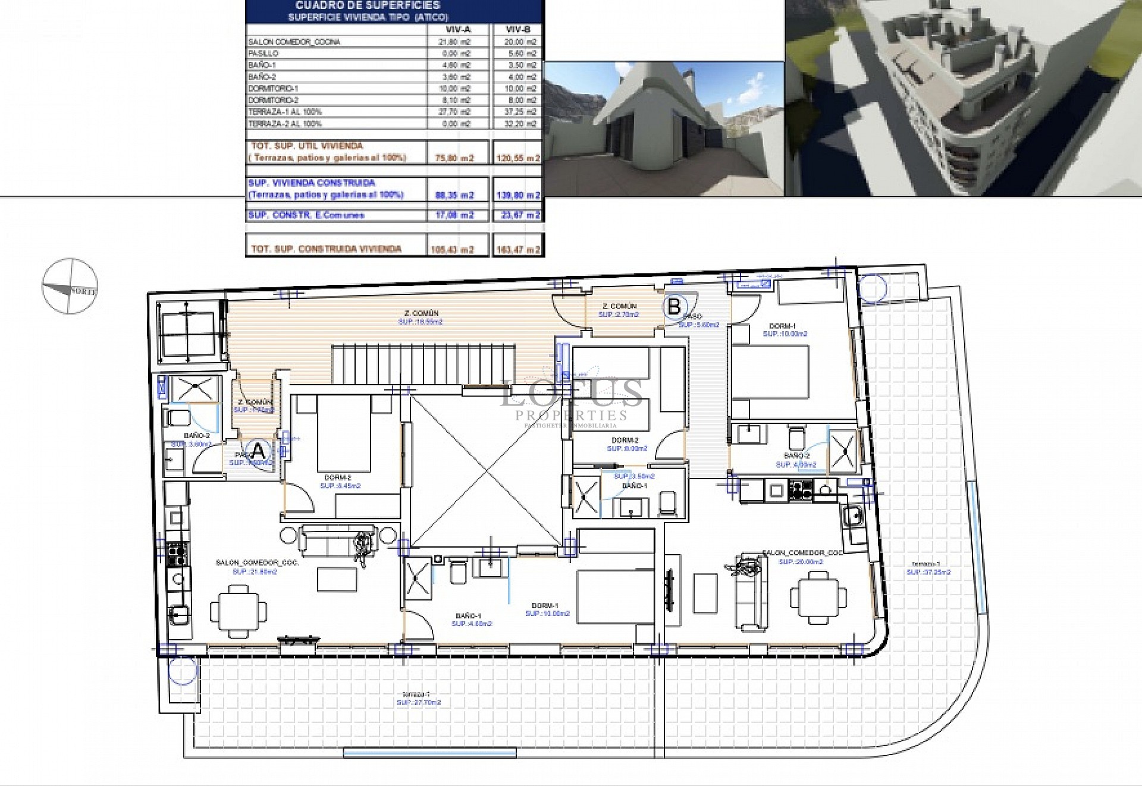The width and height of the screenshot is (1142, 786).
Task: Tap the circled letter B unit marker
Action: tap(674, 306)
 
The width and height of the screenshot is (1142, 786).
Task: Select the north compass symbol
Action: tap(70, 286)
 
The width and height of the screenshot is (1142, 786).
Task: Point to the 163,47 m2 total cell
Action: tap(517, 250)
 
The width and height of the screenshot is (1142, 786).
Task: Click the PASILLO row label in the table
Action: tap(263, 54)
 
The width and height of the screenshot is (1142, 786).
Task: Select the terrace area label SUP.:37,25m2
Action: tap(928, 573)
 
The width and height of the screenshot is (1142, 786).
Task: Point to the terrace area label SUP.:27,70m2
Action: tap(419, 702)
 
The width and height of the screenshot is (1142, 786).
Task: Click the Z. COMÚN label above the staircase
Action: tap(421, 313)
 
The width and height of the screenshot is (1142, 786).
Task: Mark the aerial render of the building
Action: tap(963, 98)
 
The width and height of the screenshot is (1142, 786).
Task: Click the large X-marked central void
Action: tap(485, 471)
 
